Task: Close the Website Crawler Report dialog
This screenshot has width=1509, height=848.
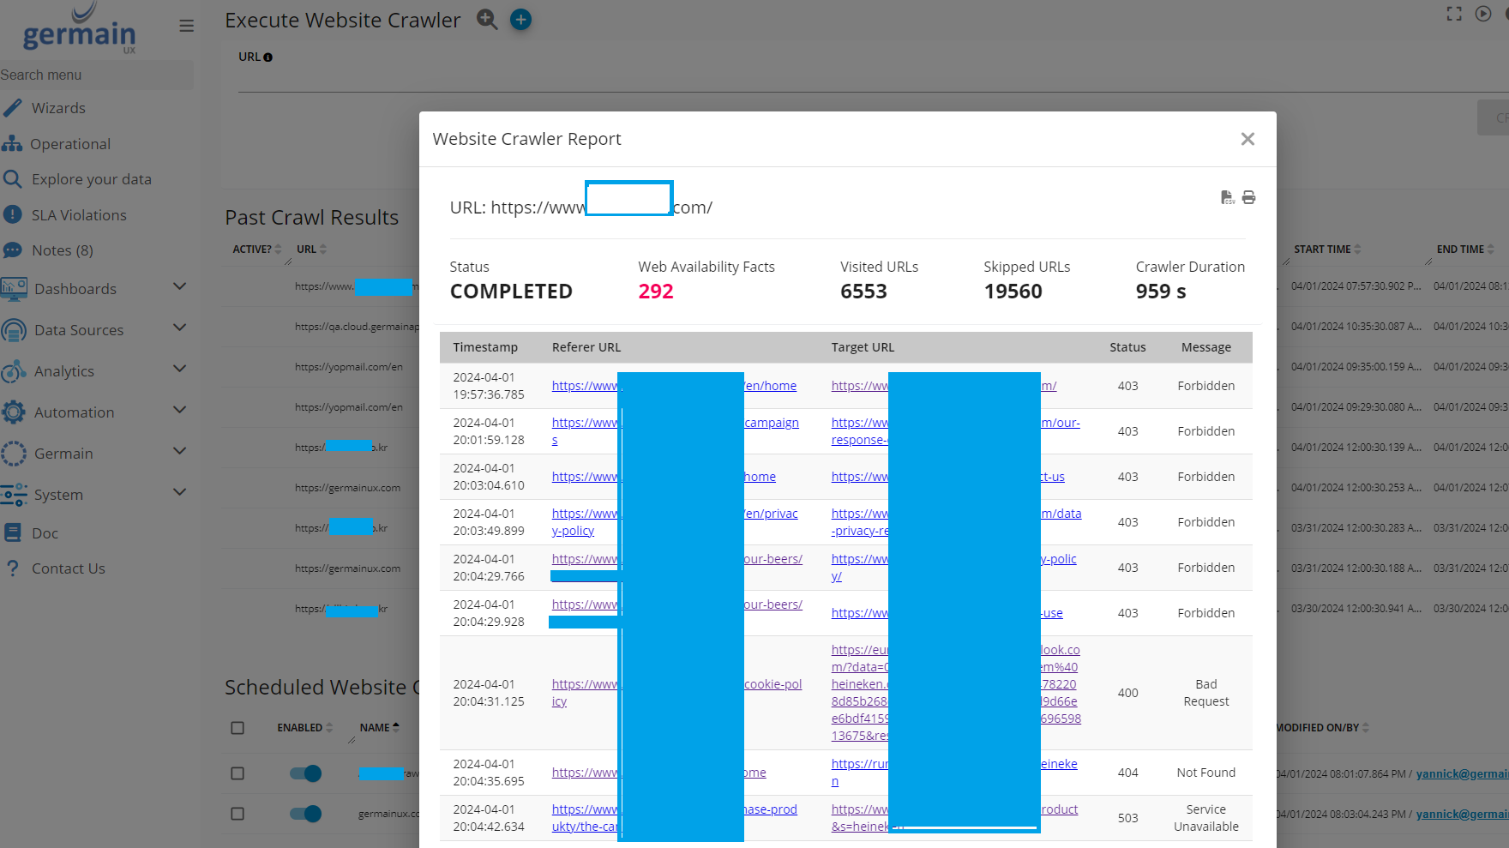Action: tap(1247, 139)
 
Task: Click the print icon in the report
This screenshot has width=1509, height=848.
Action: tap(1248, 197)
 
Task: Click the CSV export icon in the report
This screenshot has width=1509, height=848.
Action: tap(1228, 197)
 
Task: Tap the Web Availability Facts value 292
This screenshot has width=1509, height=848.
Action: tap(656, 292)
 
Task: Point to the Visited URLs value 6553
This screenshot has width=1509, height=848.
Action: tap(863, 292)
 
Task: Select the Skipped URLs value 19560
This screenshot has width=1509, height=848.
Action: tap(1013, 292)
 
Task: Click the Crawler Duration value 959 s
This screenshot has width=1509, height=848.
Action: tap(1161, 292)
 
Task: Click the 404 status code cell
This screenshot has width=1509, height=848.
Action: tap(1127, 773)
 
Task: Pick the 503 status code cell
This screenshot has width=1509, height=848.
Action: tap(1127, 818)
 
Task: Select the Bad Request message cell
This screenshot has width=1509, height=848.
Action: tap(1205, 693)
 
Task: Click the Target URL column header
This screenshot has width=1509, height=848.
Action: tap(863, 347)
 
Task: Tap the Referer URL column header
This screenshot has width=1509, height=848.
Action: tap(586, 347)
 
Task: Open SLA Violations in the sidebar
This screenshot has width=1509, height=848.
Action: tap(79, 215)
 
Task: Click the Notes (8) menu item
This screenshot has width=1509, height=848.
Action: tap(63, 250)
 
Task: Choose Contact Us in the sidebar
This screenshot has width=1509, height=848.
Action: tap(69, 568)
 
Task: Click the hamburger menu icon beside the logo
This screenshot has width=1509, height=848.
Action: tap(186, 26)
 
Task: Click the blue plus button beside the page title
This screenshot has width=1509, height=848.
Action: tap(520, 19)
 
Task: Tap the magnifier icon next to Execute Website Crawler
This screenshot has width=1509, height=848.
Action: tap(487, 19)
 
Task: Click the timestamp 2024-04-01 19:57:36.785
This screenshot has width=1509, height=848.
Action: tap(488, 386)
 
